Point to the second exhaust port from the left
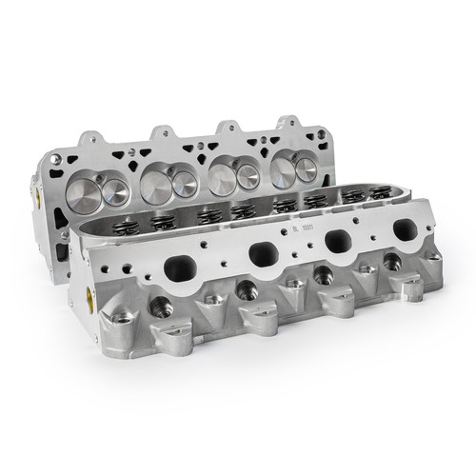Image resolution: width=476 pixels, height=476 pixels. pyautogui.click(x=261, y=253)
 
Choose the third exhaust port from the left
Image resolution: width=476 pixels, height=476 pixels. pyautogui.click(x=336, y=242)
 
